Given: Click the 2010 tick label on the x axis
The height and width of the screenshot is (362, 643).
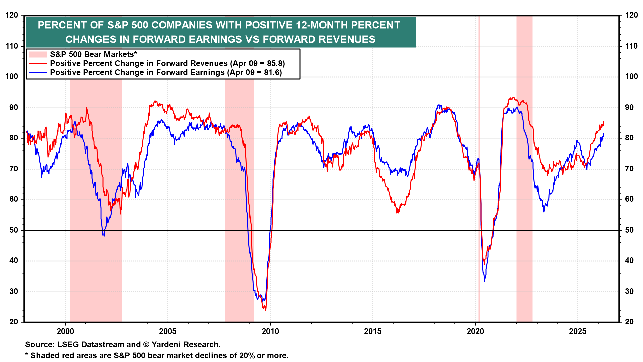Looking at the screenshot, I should point(270,331).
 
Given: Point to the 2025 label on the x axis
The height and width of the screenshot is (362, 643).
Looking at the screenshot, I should point(578,331).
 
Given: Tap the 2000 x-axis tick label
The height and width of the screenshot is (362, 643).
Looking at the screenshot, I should point(65,331).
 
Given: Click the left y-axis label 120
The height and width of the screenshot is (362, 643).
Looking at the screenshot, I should point(12,15).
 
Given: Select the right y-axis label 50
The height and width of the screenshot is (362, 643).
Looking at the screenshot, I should point(629,230).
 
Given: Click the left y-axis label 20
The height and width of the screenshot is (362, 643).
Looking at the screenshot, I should point(14,322).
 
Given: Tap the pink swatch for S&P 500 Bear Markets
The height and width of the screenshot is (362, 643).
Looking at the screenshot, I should point(38,54).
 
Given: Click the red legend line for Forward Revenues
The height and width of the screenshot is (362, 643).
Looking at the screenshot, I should point(38,63).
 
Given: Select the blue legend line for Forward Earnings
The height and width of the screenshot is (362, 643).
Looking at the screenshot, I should point(38,72).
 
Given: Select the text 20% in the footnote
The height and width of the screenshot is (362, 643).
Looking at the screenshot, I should point(247,355).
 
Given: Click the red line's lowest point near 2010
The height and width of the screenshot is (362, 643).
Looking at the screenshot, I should point(266,310).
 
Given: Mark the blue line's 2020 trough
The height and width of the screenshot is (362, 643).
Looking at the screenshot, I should point(484,281).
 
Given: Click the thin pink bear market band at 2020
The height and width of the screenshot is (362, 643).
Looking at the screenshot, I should point(479,168).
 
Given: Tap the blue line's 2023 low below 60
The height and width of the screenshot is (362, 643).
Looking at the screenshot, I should point(544,211).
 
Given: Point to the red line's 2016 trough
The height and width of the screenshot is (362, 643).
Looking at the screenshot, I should point(397,213).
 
